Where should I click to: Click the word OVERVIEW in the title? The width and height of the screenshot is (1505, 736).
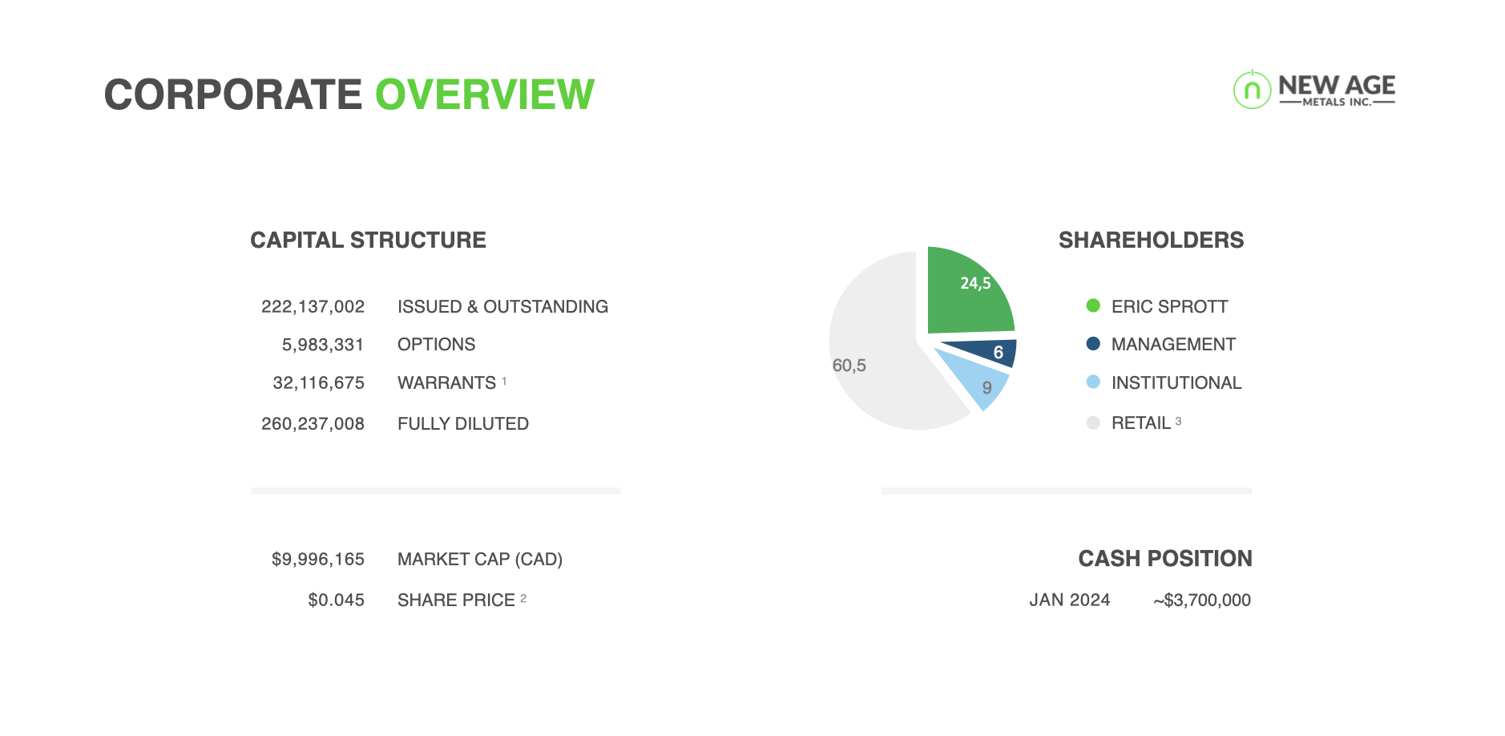pos(485,95)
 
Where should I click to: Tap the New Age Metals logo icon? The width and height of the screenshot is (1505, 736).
pos(1252,89)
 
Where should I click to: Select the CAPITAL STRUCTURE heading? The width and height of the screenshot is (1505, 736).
pos(368,240)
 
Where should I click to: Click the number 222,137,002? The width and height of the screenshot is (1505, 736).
pos(313,306)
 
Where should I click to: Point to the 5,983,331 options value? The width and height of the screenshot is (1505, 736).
pos(323,345)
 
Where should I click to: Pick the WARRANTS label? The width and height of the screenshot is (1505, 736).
pos(446,383)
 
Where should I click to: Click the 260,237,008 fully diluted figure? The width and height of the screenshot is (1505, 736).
pos(313,423)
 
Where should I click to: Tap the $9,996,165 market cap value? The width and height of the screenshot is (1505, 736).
pos(318,559)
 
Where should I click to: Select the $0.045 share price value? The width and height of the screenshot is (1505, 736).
pos(336,600)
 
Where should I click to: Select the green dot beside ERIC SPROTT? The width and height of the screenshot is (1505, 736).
pos(1093,305)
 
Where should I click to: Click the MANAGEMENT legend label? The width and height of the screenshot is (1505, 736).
pos(1173,345)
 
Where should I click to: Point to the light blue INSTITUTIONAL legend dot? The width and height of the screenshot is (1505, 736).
pos(1093,382)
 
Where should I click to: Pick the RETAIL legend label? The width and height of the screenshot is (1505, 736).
pos(1141,423)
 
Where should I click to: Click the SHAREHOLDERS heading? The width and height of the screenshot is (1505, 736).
pos(1151,240)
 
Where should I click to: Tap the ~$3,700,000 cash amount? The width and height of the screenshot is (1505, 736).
pos(1202,600)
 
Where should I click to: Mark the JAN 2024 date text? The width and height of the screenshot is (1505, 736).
pos(1070,600)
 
